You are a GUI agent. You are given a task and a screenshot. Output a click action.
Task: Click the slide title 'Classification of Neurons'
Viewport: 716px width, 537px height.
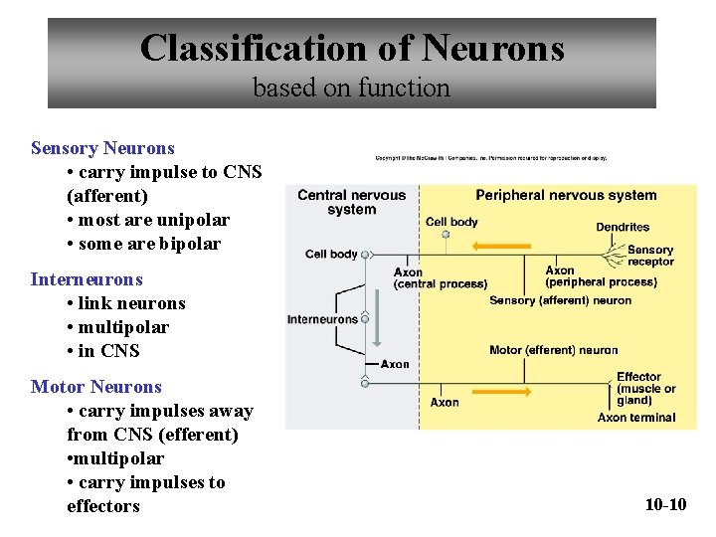tap(352, 47)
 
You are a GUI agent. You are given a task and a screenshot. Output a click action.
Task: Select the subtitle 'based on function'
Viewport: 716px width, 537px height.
tap(351, 88)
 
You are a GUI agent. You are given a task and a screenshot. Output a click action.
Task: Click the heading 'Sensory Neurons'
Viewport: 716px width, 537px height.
tap(102, 148)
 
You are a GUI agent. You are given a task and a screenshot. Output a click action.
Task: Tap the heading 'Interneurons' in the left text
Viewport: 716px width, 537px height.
tap(87, 279)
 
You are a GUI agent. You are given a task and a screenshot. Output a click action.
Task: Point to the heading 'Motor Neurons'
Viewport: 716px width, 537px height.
tap(95, 387)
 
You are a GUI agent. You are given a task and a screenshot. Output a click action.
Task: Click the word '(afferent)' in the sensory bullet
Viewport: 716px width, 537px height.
tap(107, 196)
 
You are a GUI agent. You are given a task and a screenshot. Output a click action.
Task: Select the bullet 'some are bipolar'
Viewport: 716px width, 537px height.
tap(143, 244)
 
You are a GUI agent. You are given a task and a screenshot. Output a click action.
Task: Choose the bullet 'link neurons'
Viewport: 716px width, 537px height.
tap(125, 303)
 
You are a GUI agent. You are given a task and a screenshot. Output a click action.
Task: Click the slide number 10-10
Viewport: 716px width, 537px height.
tap(665, 504)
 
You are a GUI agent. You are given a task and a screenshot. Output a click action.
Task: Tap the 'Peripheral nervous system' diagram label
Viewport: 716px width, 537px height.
tap(566, 195)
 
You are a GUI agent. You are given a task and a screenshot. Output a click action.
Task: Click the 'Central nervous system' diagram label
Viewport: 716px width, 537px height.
tap(351, 202)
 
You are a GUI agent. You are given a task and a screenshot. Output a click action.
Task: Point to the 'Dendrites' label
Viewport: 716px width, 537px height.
tap(623, 227)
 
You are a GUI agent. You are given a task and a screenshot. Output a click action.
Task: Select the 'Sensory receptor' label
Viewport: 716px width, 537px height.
tap(650, 256)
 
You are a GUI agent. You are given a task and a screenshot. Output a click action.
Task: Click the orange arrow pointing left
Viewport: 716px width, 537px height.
tap(499, 244)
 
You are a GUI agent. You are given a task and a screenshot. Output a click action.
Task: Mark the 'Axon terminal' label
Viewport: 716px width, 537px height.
tap(636, 418)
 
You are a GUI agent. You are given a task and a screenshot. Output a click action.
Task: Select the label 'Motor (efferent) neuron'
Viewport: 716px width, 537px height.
tap(553, 350)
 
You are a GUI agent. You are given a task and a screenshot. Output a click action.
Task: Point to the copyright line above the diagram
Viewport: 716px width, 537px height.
tap(490, 157)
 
